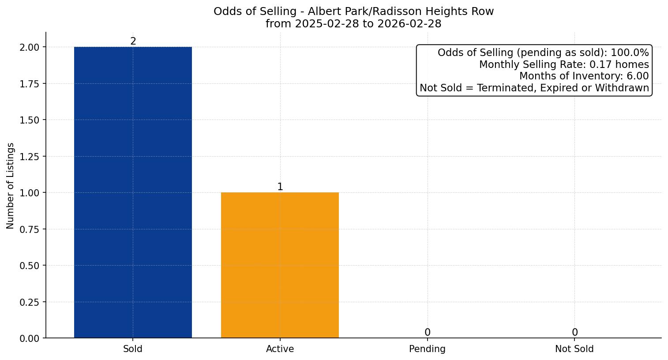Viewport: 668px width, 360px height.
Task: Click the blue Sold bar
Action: pos(133,192)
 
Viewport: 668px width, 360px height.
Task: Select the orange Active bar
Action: pos(280,265)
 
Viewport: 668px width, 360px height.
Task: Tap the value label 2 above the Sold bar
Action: pos(133,41)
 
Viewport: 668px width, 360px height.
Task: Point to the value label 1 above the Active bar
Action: pos(280,187)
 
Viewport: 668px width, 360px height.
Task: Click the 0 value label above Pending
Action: pos(427,333)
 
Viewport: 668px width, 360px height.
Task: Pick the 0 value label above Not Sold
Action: pos(574,333)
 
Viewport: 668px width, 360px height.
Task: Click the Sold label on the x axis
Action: pos(133,349)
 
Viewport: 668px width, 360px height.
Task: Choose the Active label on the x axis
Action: pos(280,349)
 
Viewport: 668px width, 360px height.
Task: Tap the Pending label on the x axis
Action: pos(427,349)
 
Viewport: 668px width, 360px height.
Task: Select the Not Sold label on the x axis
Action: pos(574,349)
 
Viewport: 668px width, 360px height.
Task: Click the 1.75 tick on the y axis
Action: pos(30,84)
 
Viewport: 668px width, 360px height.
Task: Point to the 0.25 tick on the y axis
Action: pos(30,302)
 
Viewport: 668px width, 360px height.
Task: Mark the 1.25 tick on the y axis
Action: pos(30,157)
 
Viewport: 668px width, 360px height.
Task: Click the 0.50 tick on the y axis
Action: pos(30,266)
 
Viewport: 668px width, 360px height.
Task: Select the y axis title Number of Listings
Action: pos(11,186)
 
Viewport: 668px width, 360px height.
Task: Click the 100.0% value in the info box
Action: pos(630,53)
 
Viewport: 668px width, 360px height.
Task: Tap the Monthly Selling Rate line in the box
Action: pos(564,64)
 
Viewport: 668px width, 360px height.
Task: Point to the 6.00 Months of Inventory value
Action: pos(638,76)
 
